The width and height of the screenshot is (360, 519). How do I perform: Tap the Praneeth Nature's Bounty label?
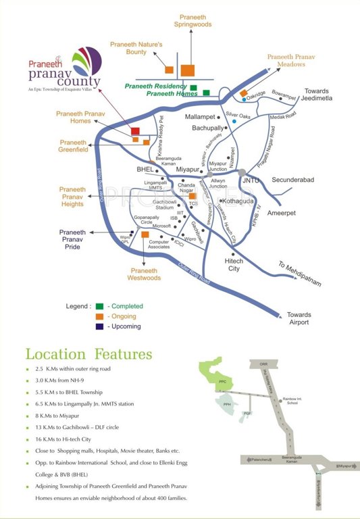(137, 48)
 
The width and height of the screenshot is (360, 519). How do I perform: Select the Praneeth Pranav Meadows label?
(291, 62)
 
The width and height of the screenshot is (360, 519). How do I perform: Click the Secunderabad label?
(295, 180)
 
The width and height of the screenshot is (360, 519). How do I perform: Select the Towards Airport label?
(299, 318)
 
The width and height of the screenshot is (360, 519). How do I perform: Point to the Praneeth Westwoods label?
(145, 274)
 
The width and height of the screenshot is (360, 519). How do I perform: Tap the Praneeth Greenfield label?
(74, 147)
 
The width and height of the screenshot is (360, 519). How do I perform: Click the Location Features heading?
(88, 354)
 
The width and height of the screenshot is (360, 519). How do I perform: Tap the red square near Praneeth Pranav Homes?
(135, 131)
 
